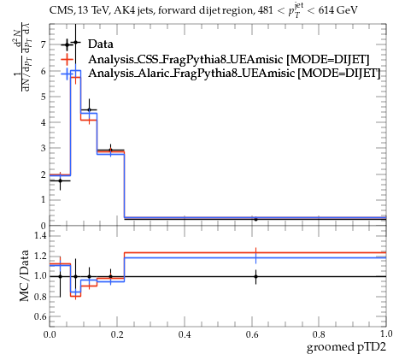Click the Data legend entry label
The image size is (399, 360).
click(101, 44)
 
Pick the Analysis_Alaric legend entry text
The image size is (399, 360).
click(234, 73)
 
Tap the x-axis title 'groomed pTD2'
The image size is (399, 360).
click(346, 347)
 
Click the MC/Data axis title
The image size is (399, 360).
click(25, 275)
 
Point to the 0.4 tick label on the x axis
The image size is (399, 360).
click(185, 333)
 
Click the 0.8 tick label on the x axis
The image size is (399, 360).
click(319, 333)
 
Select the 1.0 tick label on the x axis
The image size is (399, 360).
click(386, 333)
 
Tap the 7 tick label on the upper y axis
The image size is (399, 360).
click(44, 44)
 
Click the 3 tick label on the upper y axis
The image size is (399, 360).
click(44, 148)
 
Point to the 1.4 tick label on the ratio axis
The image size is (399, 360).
click(40, 235)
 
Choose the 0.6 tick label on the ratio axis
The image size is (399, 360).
click(40, 316)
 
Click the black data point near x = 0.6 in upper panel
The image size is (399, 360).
click(255, 219)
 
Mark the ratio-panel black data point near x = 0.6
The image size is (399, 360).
click(255, 276)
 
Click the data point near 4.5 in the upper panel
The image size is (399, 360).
click(89, 109)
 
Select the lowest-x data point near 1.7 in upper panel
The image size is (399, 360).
click(60, 180)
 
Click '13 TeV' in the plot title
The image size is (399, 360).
click(93, 10)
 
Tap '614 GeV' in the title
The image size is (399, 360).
click(337, 10)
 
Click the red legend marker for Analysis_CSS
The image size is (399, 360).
click(67, 59)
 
